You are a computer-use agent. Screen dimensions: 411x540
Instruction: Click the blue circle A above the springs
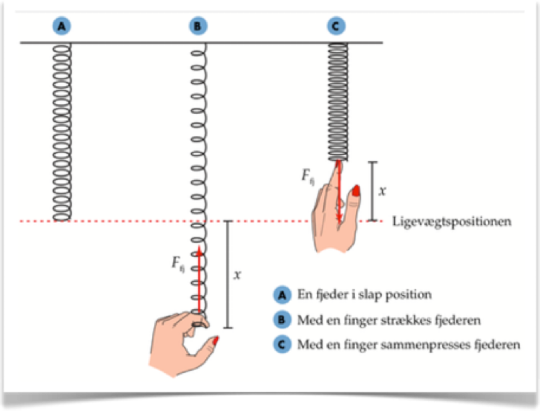(x=62, y=28)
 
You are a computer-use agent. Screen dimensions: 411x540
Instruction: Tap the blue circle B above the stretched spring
(x=198, y=28)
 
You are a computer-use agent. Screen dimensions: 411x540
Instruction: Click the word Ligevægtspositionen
(x=451, y=221)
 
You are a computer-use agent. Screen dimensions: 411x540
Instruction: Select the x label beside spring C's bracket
(x=382, y=191)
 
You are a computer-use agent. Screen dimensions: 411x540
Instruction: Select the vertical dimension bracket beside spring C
(x=372, y=191)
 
